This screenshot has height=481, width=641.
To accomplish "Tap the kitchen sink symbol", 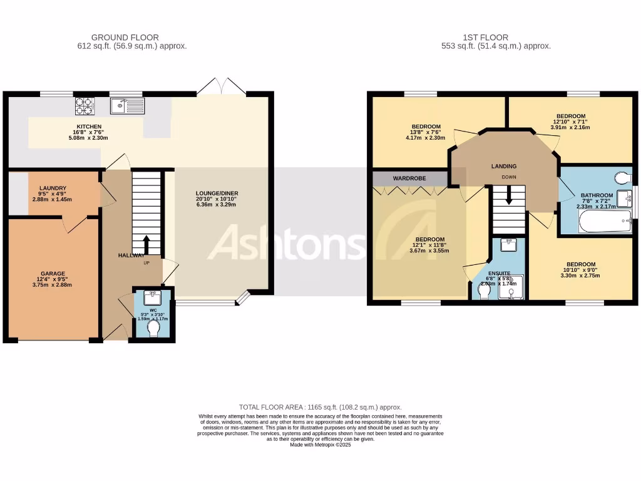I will [x=127, y=106].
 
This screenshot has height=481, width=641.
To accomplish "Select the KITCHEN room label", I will [x=89, y=127].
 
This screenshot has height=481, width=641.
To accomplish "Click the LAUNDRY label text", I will [x=53, y=188].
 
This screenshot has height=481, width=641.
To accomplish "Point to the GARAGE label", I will [x=53, y=274].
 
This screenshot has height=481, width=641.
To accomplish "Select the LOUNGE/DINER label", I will [x=217, y=193].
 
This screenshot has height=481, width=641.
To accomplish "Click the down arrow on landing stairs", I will [x=508, y=195].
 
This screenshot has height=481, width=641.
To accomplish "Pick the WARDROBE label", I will [x=409, y=178].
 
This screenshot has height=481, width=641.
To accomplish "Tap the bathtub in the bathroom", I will [x=605, y=221].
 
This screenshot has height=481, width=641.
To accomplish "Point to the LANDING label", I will [x=503, y=167].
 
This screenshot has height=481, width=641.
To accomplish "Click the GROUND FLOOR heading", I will [x=125, y=38].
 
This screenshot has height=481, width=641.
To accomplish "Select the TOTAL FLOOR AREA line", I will [x=320, y=407].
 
